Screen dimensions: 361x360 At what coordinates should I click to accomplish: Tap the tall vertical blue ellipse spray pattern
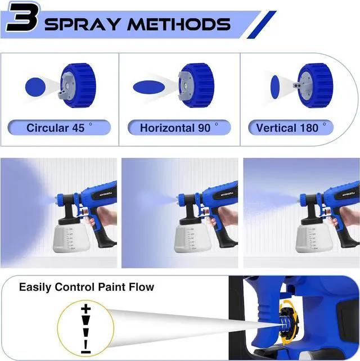point(275,85)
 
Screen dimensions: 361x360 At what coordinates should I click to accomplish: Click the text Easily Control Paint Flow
point(87,287)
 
